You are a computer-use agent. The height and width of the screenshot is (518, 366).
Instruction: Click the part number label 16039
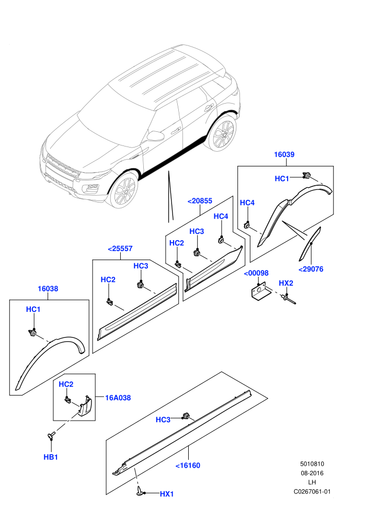coord(284,154)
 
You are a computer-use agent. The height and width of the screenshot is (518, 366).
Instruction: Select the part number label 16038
coord(48,289)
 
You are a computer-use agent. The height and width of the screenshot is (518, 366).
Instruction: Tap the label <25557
coord(120,249)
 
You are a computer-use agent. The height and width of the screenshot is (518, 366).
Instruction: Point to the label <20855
coord(200,201)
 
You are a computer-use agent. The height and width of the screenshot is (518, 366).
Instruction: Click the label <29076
coord(311,269)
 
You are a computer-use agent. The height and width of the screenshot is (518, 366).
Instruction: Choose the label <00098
coord(256,273)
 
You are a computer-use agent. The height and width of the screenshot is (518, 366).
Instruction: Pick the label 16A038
coord(118,398)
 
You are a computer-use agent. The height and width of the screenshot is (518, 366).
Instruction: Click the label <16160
coord(188,466)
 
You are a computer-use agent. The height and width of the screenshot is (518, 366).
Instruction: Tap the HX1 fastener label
coord(167,494)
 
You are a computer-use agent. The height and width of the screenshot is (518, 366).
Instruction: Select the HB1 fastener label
coord(51,457)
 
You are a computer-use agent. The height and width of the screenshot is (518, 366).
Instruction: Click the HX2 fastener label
coord(286,284)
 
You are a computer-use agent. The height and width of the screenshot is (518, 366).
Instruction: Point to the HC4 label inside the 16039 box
coord(247,203)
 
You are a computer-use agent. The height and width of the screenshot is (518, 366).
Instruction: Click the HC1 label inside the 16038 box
coord(33,310)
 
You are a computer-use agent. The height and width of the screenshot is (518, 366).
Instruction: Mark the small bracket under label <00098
coord(259,291)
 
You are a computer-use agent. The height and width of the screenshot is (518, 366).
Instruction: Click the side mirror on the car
coord(155,136)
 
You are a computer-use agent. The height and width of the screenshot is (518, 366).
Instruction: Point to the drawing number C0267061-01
coord(312,491)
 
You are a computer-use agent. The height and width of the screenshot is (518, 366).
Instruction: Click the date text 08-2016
coord(312,473)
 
